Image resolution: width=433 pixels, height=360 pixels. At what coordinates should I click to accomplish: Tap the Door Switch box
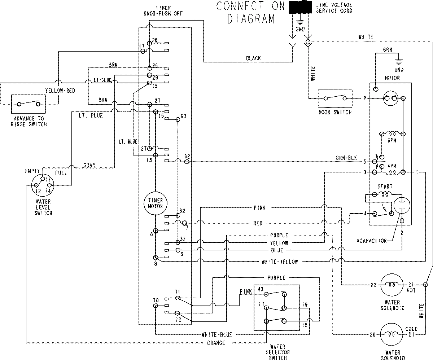pyautogui.click(x=335, y=98)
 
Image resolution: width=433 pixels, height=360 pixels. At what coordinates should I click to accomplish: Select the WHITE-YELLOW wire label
pyautogui.click(x=280, y=262)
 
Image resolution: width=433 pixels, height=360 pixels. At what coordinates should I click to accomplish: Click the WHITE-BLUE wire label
pyautogui.click(x=216, y=335)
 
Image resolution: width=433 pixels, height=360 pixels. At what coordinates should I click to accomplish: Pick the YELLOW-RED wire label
pyautogui.click(x=60, y=91)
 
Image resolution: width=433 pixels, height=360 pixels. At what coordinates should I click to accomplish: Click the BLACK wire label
pyautogui.click(x=253, y=58)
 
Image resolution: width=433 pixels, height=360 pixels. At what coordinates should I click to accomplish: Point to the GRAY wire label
pyautogui.click(x=89, y=165)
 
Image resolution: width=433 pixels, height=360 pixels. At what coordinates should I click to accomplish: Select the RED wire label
pyautogui.click(x=258, y=223)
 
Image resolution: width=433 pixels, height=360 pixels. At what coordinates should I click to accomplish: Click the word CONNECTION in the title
pyautogui.click(x=250, y=6)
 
